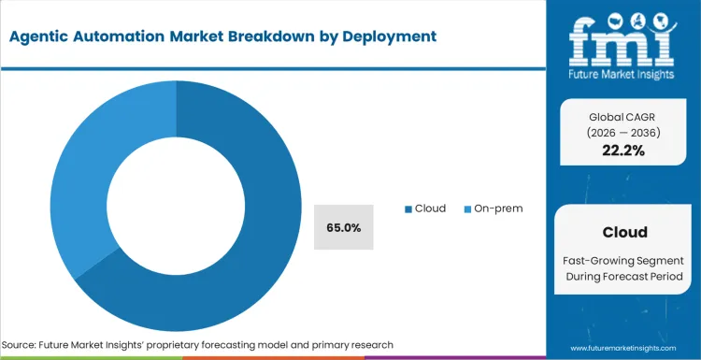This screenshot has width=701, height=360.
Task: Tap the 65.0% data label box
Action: coord(343,227)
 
